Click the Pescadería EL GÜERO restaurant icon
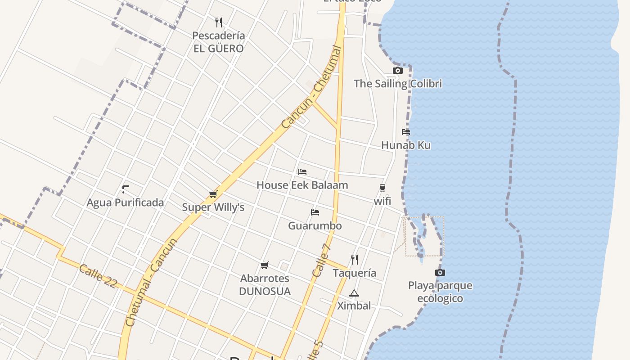tap(219, 22)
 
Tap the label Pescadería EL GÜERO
tap(219, 42)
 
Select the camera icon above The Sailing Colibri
tap(398, 70)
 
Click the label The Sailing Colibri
tap(398, 84)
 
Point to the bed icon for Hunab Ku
tap(406, 132)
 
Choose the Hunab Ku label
tap(406, 145)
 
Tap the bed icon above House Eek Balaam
tap(302, 172)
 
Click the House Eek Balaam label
tap(302, 185)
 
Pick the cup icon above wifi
tap(382, 188)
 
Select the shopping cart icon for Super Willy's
tap(213, 194)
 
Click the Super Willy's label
tap(213, 207)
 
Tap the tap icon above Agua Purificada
tap(126, 189)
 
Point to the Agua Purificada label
tap(126, 202)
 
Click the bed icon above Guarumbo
tap(315, 212)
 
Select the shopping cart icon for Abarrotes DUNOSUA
tap(265, 265)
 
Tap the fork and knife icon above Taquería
tap(355, 259)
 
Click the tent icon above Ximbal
tap(354, 293)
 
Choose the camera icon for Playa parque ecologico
tap(440, 272)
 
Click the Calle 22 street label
tap(98, 276)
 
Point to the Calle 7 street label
tap(322, 260)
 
